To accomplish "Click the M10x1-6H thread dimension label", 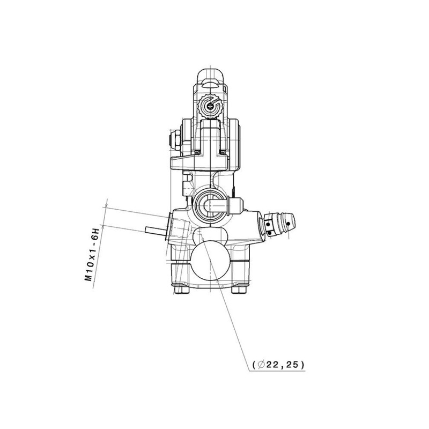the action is click(92, 254).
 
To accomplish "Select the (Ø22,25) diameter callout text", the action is click(278, 365).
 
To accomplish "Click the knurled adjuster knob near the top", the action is click(210, 106).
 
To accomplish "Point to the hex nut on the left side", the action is click(175, 140).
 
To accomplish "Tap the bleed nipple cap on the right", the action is click(278, 224).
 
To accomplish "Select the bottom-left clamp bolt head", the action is click(182, 289).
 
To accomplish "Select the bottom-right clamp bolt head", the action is click(239, 289).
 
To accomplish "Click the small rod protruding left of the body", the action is click(156, 231).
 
